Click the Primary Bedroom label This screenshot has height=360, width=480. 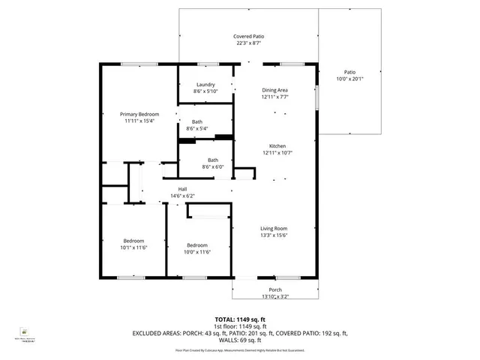pyautogui.click(x=139, y=114)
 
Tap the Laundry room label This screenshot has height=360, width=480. pyautogui.click(x=205, y=85)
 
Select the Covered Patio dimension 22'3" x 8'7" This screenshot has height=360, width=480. pyautogui.click(x=248, y=43)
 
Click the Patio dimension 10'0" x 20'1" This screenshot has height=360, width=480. pyautogui.click(x=349, y=79)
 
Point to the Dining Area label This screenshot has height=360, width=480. pyautogui.click(x=274, y=90)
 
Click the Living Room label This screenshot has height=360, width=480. pyautogui.click(x=274, y=229)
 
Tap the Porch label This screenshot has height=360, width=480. pyautogui.click(x=275, y=289)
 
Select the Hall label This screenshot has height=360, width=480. pyautogui.click(x=182, y=189)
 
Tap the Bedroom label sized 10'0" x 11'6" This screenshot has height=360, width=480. pyautogui.click(x=197, y=251)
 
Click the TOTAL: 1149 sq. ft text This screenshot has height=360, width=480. pyautogui.click(x=240, y=319)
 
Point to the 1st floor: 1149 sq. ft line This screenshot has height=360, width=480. pyautogui.click(x=240, y=326)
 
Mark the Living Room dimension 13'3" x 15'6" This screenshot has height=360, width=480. pyautogui.click(x=274, y=235)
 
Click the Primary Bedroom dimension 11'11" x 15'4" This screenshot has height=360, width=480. pyautogui.click(x=139, y=121)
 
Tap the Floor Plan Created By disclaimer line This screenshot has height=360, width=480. pyautogui.click(x=240, y=349)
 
